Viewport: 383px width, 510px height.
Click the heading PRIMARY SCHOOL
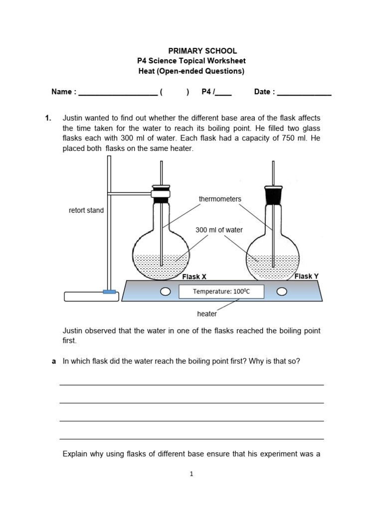202,51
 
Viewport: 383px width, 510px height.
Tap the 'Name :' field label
64,92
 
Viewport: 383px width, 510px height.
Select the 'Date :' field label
264,92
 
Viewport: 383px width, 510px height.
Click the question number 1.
48,118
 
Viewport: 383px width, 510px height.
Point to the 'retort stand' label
86,210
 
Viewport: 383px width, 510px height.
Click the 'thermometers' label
220,199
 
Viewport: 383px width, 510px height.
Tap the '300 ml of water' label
219,230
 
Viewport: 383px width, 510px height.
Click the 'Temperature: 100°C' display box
221,292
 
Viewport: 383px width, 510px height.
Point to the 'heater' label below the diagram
207,314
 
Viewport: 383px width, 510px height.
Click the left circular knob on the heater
165,291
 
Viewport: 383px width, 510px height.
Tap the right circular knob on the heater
282,291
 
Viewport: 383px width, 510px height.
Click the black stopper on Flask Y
272,195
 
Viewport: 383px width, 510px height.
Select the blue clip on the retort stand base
109,292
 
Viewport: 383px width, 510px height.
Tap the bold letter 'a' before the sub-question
54,361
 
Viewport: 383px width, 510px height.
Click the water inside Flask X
161,267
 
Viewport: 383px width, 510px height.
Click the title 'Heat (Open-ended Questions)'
191,71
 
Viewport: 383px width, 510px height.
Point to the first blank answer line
191,384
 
